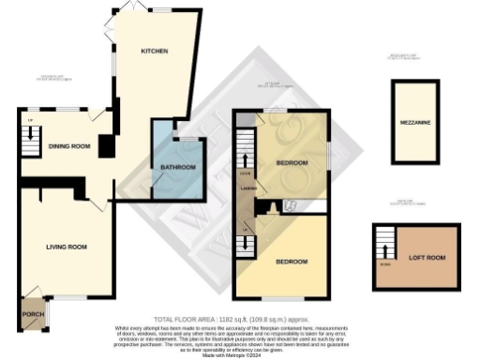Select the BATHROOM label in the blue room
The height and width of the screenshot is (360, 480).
[x=177, y=168]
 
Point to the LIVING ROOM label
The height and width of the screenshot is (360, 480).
[x=67, y=247]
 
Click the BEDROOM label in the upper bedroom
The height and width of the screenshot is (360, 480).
[x=292, y=163]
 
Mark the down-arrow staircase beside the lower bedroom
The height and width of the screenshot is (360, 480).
[x=247, y=241]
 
